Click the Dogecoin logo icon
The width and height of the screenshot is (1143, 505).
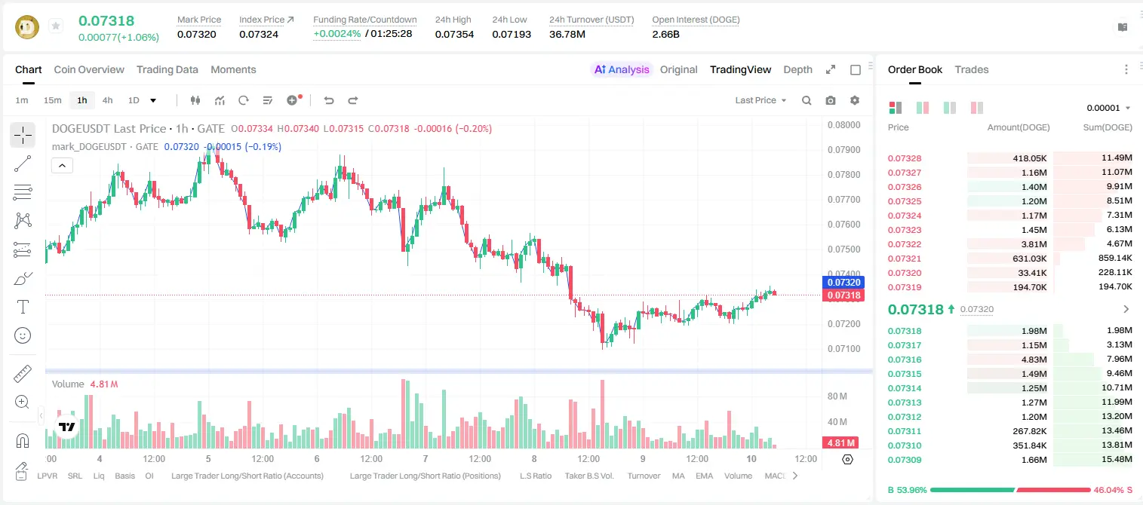[x=27, y=26]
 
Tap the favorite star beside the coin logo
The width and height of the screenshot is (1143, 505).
[x=56, y=26]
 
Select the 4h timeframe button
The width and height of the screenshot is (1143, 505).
[x=107, y=100]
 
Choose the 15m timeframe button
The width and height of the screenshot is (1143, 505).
[x=53, y=100]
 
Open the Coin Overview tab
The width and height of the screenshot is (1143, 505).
[x=89, y=69]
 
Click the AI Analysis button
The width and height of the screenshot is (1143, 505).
[x=622, y=69]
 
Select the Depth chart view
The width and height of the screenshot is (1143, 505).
[x=797, y=69]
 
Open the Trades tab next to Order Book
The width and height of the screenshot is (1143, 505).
[x=972, y=69]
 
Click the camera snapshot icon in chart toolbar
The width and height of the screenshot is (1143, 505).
[x=831, y=100]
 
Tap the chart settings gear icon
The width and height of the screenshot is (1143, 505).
[x=855, y=100]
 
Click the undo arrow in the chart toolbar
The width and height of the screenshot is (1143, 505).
[x=329, y=100]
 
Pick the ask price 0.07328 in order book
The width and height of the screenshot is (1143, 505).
[x=905, y=158]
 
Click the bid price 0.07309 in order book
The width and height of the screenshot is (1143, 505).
[x=905, y=460]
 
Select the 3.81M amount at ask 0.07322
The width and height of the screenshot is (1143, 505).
[x=1034, y=244]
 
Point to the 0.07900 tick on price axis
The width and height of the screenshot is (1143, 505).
[x=844, y=150]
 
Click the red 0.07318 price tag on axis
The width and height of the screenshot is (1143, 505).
[x=843, y=295]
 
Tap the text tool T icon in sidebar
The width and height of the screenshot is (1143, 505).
[x=23, y=307]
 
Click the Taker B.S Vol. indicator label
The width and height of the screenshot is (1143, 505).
[x=589, y=476]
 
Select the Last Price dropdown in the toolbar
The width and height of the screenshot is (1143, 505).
[x=760, y=100]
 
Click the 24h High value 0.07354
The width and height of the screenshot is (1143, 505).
[x=454, y=34]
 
